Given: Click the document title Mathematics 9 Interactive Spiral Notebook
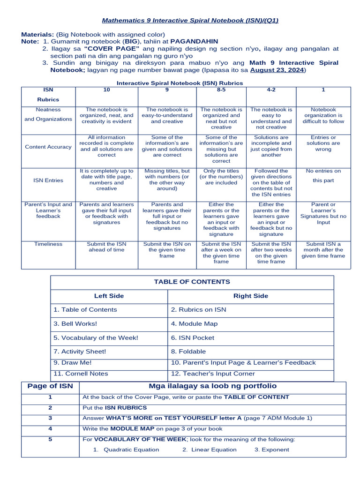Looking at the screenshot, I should (x=190, y=21).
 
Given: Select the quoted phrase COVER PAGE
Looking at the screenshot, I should (x=112, y=49).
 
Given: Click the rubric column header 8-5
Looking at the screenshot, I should (x=221, y=90).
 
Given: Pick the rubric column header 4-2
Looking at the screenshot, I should (x=271, y=90).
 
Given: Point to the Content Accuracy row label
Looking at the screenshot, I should (x=48, y=147).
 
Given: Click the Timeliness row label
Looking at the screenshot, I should (x=48, y=244).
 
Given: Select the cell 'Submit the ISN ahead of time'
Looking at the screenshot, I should (x=106, y=247).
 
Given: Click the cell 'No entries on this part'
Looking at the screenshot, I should (x=323, y=175).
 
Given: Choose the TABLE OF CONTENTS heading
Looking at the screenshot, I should (x=192, y=282).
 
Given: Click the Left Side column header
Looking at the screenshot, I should (x=109, y=296).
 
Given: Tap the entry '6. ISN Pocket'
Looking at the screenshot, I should (x=193, y=337).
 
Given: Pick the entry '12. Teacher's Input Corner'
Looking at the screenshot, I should (x=213, y=374).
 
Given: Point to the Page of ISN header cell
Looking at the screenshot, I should (x=50, y=386).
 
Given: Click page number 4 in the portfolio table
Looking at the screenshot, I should (x=50, y=428).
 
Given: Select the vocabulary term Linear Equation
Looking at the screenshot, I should (x=210, y=450).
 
